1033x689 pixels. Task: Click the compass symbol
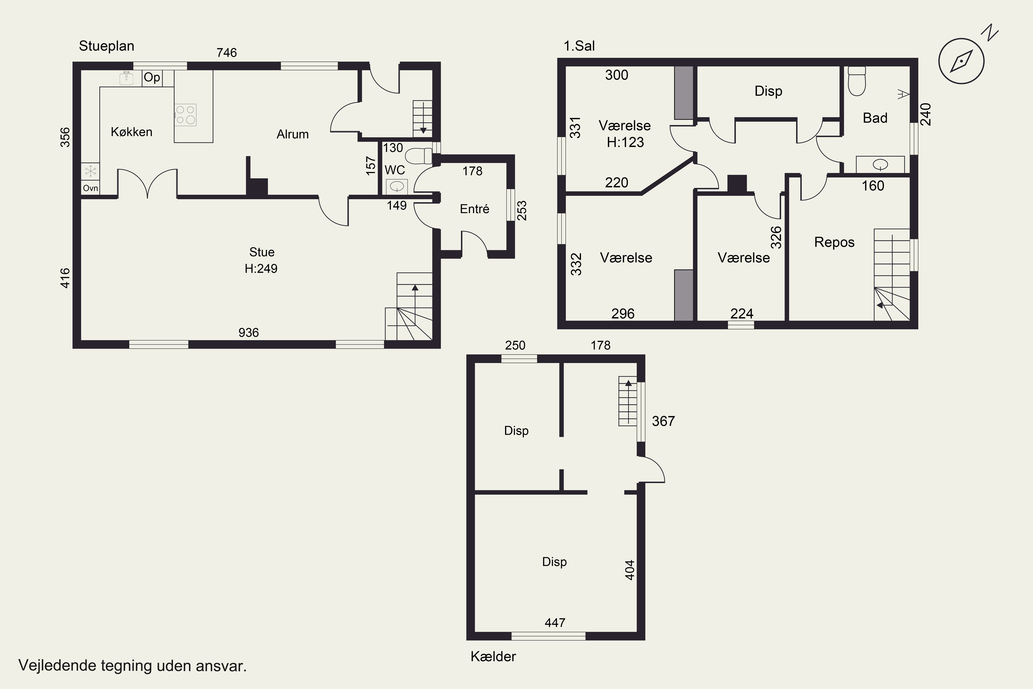click(961, 61)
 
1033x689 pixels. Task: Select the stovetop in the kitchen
click(185, 115)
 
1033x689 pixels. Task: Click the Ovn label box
click(91, 188)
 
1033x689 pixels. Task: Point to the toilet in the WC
click(419, 156)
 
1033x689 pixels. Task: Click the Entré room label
click(474, 209)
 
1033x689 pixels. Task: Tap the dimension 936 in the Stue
click(249, 333)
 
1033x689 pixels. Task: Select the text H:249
click(261, 268)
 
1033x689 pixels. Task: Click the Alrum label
click(292, 134)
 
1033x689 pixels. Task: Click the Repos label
click(834, 243)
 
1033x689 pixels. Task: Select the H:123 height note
click(625, 142)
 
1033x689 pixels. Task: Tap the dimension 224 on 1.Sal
click(742, 314)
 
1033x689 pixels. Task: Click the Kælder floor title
click(493, 657)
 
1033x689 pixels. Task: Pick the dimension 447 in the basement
click(555, 623)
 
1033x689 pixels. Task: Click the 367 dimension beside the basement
click(663, 421)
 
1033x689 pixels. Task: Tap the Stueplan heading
click(107, 46)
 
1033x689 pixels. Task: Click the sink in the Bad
click(880, 165)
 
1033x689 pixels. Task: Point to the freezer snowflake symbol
click(91, 171)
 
